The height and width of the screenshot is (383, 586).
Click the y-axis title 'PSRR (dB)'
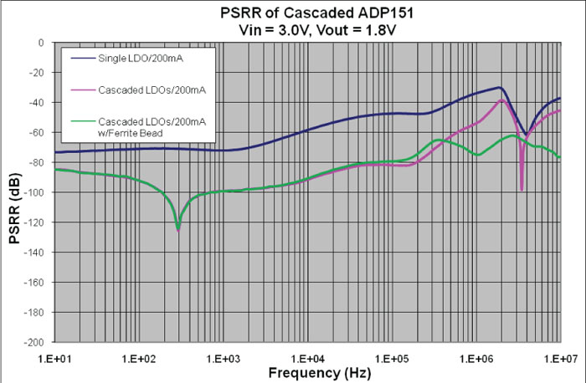click(14, 192)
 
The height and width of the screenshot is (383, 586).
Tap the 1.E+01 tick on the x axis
click(54, 355)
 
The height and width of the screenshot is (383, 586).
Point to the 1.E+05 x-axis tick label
click(392, 355)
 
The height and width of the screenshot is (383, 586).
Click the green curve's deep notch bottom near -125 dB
click(177, 227)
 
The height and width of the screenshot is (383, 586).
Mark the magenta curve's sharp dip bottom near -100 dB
click(522, 190)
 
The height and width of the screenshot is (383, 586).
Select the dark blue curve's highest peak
click(500, 87)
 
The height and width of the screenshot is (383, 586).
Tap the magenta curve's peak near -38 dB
click(502, 100)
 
